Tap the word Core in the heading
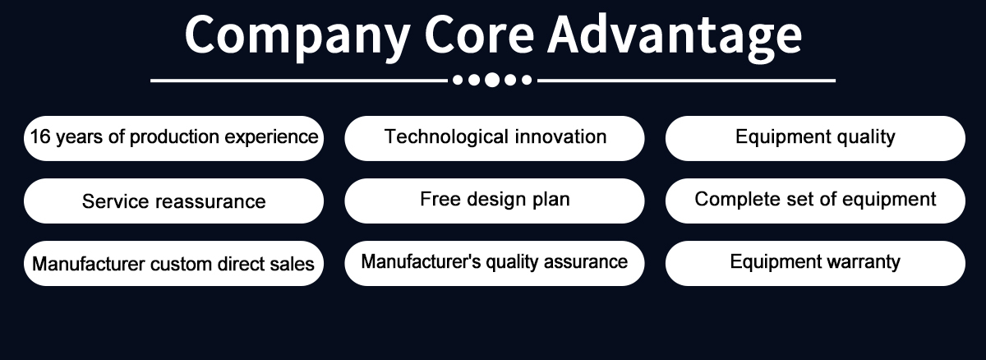(479, 35)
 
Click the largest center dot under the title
(492, 80)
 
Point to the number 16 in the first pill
(40, 136)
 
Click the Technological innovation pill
(495, 138)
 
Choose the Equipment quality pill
(815, 138)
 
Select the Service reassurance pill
(174, 201)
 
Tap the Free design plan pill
(495, 201)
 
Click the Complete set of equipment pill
(815, 201)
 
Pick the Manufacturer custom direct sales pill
(174, 263)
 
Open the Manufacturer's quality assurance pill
(495, 263)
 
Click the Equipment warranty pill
(815, 263)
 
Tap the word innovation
(560, 136)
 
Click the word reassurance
(211, 201)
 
